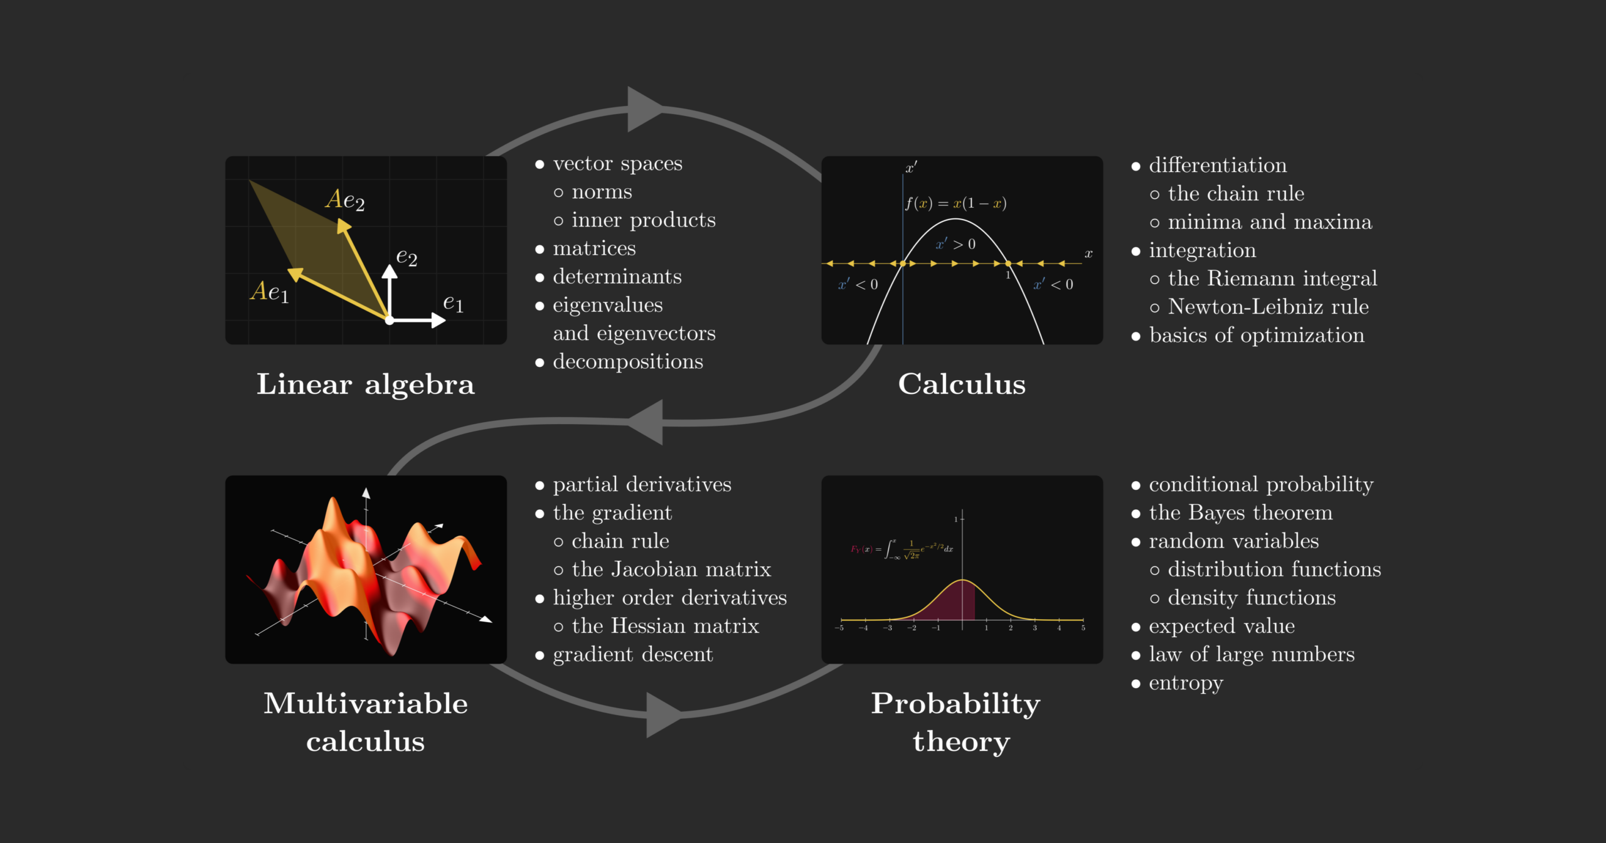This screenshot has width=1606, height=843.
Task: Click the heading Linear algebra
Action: point(365,384)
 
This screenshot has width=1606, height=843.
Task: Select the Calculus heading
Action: point(962,384)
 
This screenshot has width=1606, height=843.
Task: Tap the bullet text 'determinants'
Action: point(617,277)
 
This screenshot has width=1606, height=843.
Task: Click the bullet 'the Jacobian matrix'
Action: point(671,570)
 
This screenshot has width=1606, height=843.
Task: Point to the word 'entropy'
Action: point(1186,683)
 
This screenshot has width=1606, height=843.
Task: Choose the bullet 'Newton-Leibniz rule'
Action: point(1268,307)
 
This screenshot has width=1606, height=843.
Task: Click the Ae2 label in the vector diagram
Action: point(345,200)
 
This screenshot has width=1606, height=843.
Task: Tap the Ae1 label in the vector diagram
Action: point(270,292)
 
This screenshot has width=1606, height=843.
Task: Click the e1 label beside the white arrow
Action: point(453,304)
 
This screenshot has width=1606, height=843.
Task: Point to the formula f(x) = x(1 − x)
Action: point(955,203)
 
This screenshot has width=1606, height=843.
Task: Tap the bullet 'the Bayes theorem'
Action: point(1240,513)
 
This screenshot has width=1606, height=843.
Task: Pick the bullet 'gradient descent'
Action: point(632,655)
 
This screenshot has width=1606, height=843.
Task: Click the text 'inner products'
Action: point(643,220)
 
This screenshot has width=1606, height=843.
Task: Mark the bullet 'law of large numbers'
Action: point(1251,655)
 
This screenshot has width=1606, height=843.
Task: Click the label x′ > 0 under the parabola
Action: point(955,245)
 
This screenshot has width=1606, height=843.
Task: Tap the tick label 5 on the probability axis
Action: point(1083,628)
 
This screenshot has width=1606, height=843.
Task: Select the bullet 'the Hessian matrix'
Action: point(665,626)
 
